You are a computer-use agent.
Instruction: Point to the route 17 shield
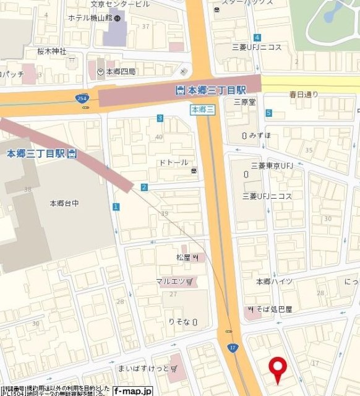pos(231,348)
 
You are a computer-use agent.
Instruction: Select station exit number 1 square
pos(116,206)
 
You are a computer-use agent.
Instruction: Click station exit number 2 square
pos(144,187)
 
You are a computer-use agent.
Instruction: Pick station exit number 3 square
pos(160,118)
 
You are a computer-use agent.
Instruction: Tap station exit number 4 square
pos(256,38)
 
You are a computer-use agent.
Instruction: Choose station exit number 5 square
pos(268,113)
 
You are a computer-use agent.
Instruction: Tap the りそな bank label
pos(181,322)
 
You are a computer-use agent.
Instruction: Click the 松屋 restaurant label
pos(185,256)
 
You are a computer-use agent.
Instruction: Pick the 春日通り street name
pos(303,95)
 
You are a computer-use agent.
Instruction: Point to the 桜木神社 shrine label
pos(53,51)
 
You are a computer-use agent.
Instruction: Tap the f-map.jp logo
pos(132,390)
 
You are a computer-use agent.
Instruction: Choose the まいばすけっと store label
pos(146,369)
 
